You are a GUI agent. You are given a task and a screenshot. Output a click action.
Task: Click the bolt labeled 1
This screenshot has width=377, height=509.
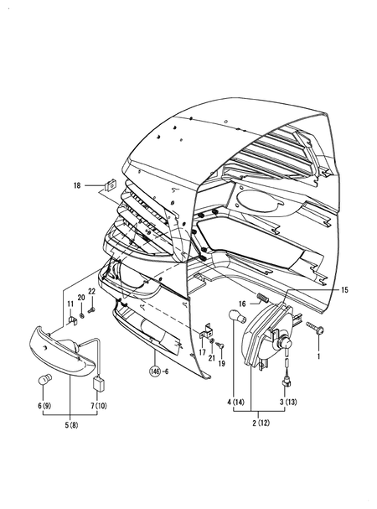click(x=315, y=328)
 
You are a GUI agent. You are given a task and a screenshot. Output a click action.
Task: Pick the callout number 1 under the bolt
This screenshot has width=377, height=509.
click(x=318, y=356)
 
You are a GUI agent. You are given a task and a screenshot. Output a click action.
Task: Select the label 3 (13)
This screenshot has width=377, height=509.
click(x=286, y=403)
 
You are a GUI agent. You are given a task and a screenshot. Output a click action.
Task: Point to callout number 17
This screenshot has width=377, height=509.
click(x=202, y=353)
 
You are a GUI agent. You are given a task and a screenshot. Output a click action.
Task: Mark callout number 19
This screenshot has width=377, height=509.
click(x=222, y=362)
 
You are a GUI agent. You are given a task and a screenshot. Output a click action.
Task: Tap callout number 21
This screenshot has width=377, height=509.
click(x=213, y=357)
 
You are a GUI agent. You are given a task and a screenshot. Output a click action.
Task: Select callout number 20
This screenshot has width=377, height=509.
click(x=81, y=299)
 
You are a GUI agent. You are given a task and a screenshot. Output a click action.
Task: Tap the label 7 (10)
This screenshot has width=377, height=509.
click(x=101, y=406)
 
